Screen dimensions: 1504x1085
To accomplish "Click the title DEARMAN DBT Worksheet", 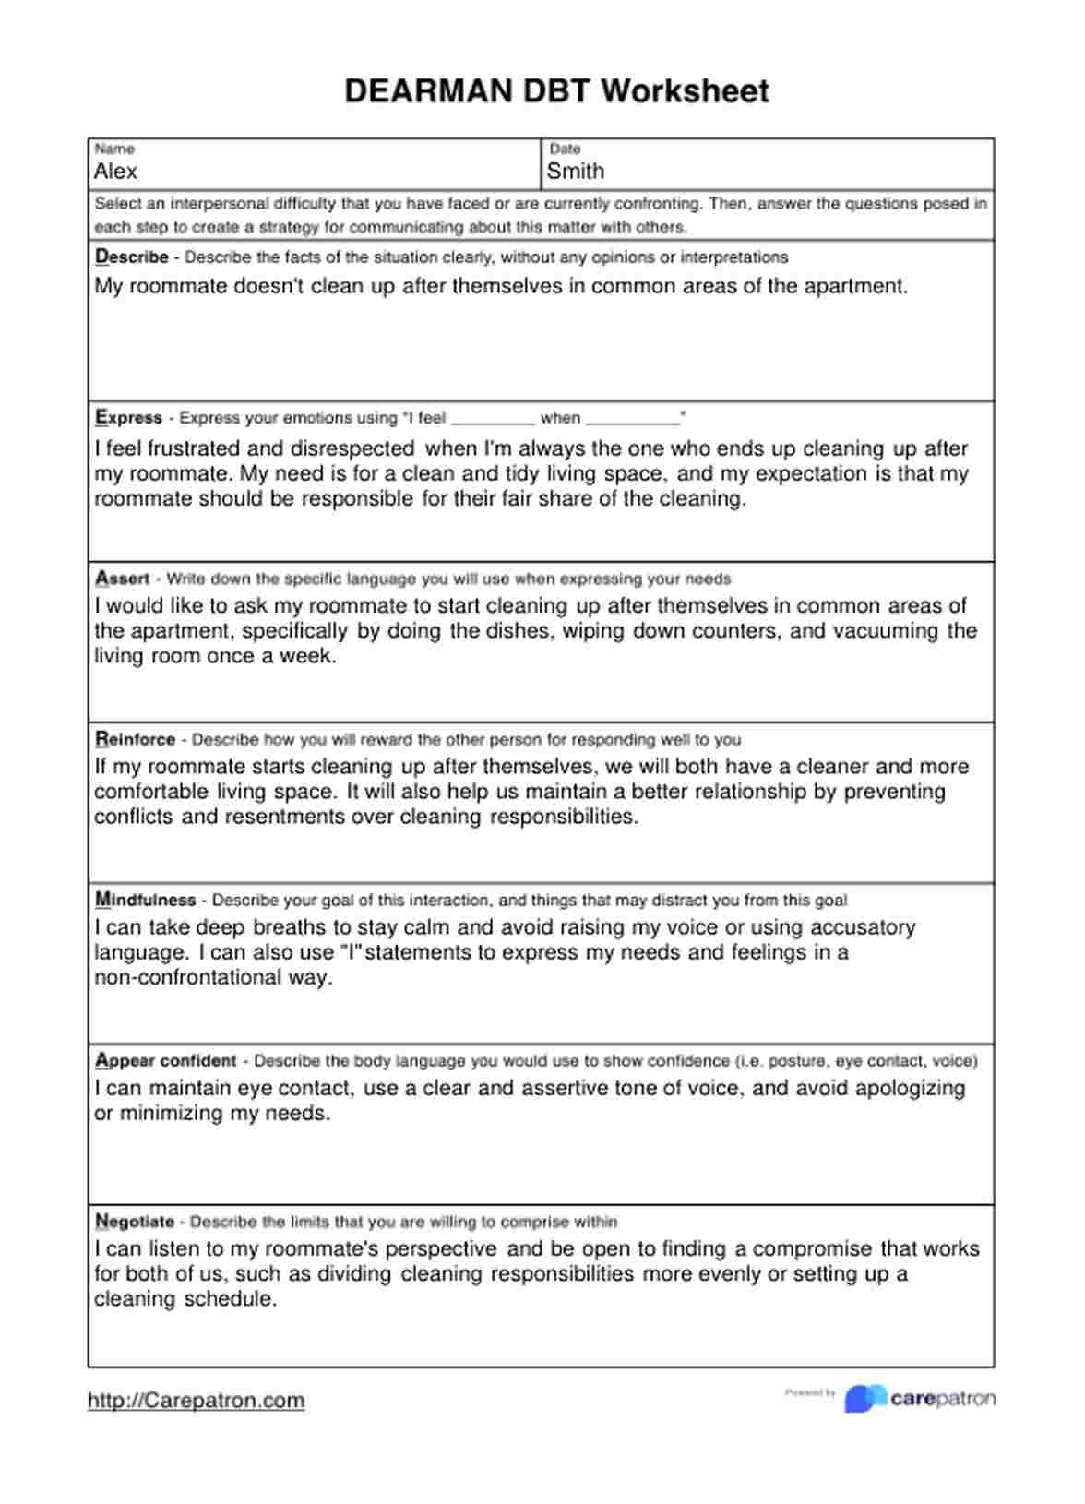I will point(556,90).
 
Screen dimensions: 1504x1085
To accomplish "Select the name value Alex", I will point(115,172).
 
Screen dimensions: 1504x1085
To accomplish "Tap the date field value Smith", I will point(576,172).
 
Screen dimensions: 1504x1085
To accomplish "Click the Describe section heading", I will point(132,257).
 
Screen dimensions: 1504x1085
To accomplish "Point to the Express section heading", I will point(129,417).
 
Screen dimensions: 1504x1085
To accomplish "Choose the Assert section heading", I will point(123,579).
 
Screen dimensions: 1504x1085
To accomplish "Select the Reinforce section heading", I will point(136,739).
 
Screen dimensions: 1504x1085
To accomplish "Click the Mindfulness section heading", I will point(146,900).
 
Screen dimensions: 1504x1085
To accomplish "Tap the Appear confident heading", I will point(166,1060).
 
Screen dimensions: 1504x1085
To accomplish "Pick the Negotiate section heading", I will point(135,1222).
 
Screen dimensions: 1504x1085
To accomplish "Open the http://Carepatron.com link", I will point(196,1401).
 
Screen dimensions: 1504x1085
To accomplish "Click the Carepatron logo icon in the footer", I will point(864,1399).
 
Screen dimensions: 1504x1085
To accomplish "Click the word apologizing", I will point(910,1089).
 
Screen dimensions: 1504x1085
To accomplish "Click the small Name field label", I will point(114,149).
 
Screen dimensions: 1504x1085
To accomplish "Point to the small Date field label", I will point(565,149).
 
